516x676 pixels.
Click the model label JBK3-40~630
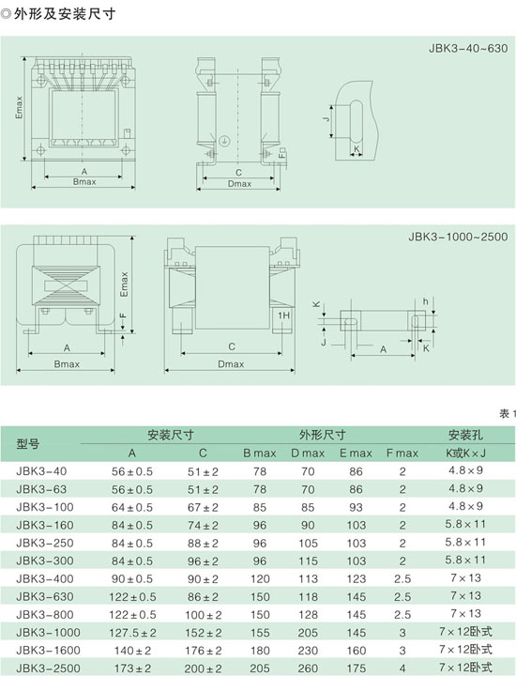(468, 48)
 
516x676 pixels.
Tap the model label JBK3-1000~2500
(458, 237)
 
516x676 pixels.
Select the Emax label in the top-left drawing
(19, 107)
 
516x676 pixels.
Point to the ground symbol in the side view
(223, 141)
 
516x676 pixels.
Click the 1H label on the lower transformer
(283, 315)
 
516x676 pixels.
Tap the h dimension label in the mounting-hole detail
(425, 301)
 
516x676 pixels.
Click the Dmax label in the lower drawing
(231, 364)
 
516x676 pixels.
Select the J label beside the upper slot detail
(326, 117)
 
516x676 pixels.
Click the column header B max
(259, 453)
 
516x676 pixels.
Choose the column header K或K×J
(465, 453)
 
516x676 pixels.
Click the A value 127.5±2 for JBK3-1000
(132, 633)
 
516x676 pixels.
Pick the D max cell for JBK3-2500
(308, 668)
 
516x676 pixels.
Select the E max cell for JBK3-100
(356, 507)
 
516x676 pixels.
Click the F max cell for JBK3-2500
(402, 668)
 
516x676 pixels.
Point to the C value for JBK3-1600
(203, 651)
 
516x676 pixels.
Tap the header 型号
(27, 443)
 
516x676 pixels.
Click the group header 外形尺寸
(322, 435)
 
